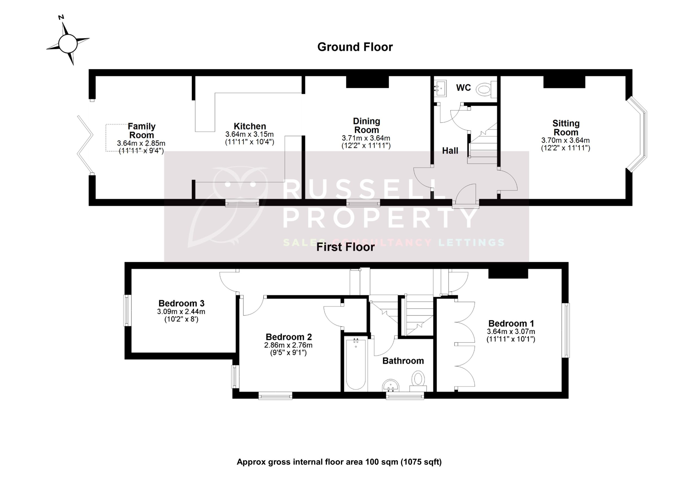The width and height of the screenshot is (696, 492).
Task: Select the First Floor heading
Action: (345, 247)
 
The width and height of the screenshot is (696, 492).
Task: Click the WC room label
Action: (463, 88)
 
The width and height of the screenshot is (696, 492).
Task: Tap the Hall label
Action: (450, 151)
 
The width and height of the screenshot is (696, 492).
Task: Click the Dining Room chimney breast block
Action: (367, 82)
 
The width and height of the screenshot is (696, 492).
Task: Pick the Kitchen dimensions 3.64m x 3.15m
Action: (249, 134)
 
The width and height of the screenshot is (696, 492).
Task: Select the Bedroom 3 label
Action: (181, 303)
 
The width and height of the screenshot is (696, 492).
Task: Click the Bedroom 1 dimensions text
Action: (511, 335)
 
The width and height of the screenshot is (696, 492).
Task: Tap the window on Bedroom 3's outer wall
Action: (127, 310)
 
